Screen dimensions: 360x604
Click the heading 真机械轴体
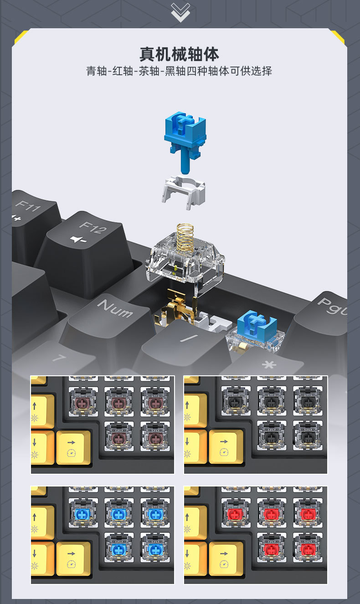(x=179, y=55)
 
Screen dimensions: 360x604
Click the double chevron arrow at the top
(x=180, y=13)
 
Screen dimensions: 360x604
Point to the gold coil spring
(x=185, y=239)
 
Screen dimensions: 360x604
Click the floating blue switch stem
(x=185, y=140)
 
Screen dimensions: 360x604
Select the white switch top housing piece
(x=183, y=192)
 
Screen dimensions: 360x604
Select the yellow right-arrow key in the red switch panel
(x=226, y=558)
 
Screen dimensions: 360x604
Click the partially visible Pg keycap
(x=324, y=318)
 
